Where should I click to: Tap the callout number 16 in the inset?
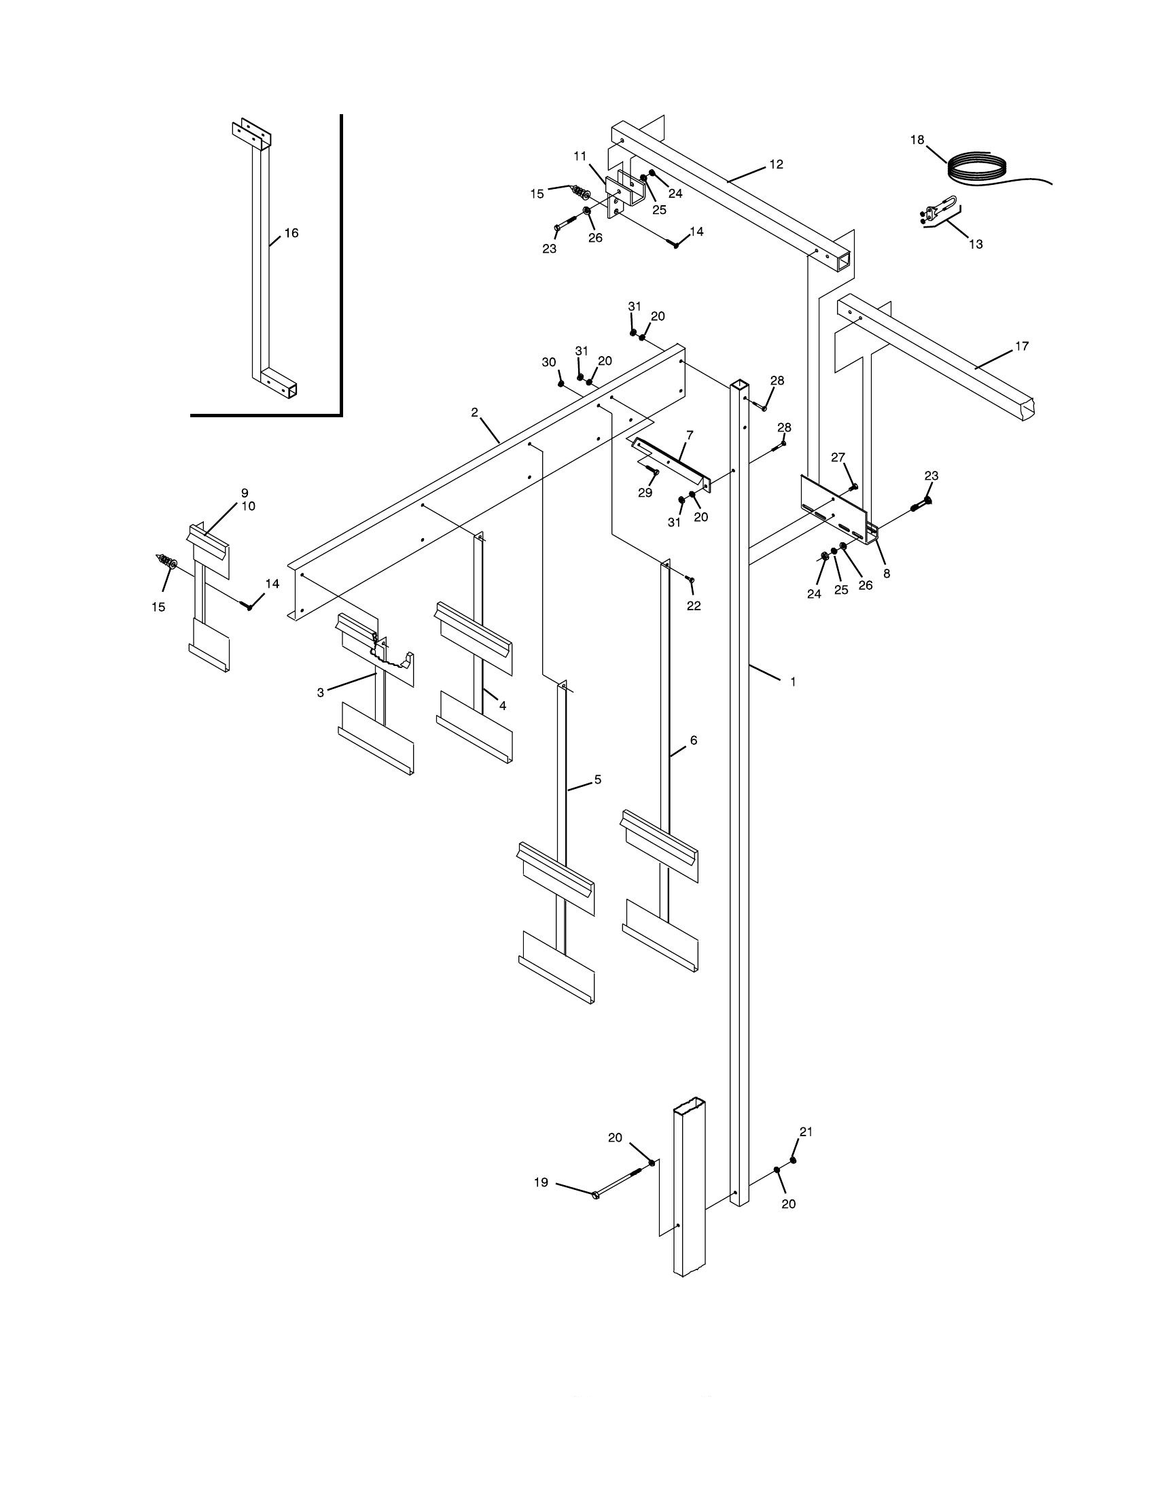click(291, 233)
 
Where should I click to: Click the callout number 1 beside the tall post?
click(793, 682)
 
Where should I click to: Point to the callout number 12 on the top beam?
click(776, 164)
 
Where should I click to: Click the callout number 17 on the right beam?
click(1021, 347)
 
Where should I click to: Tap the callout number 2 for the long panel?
click(474, 412)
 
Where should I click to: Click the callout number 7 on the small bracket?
click(689, 435)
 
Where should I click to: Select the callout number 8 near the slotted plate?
click(886, 574)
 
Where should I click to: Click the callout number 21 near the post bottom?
click(805, 1132)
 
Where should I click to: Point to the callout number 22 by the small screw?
click(693, 605)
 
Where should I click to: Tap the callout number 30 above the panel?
click(549, 362)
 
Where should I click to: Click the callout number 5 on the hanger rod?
click(597, 779)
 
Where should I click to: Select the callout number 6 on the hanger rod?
click(693, 740)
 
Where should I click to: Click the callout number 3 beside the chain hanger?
click(320, 692)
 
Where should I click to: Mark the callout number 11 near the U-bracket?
click(580, 156)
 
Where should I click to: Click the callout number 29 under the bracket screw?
click(645, 493)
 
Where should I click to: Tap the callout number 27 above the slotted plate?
click(838, 457)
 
